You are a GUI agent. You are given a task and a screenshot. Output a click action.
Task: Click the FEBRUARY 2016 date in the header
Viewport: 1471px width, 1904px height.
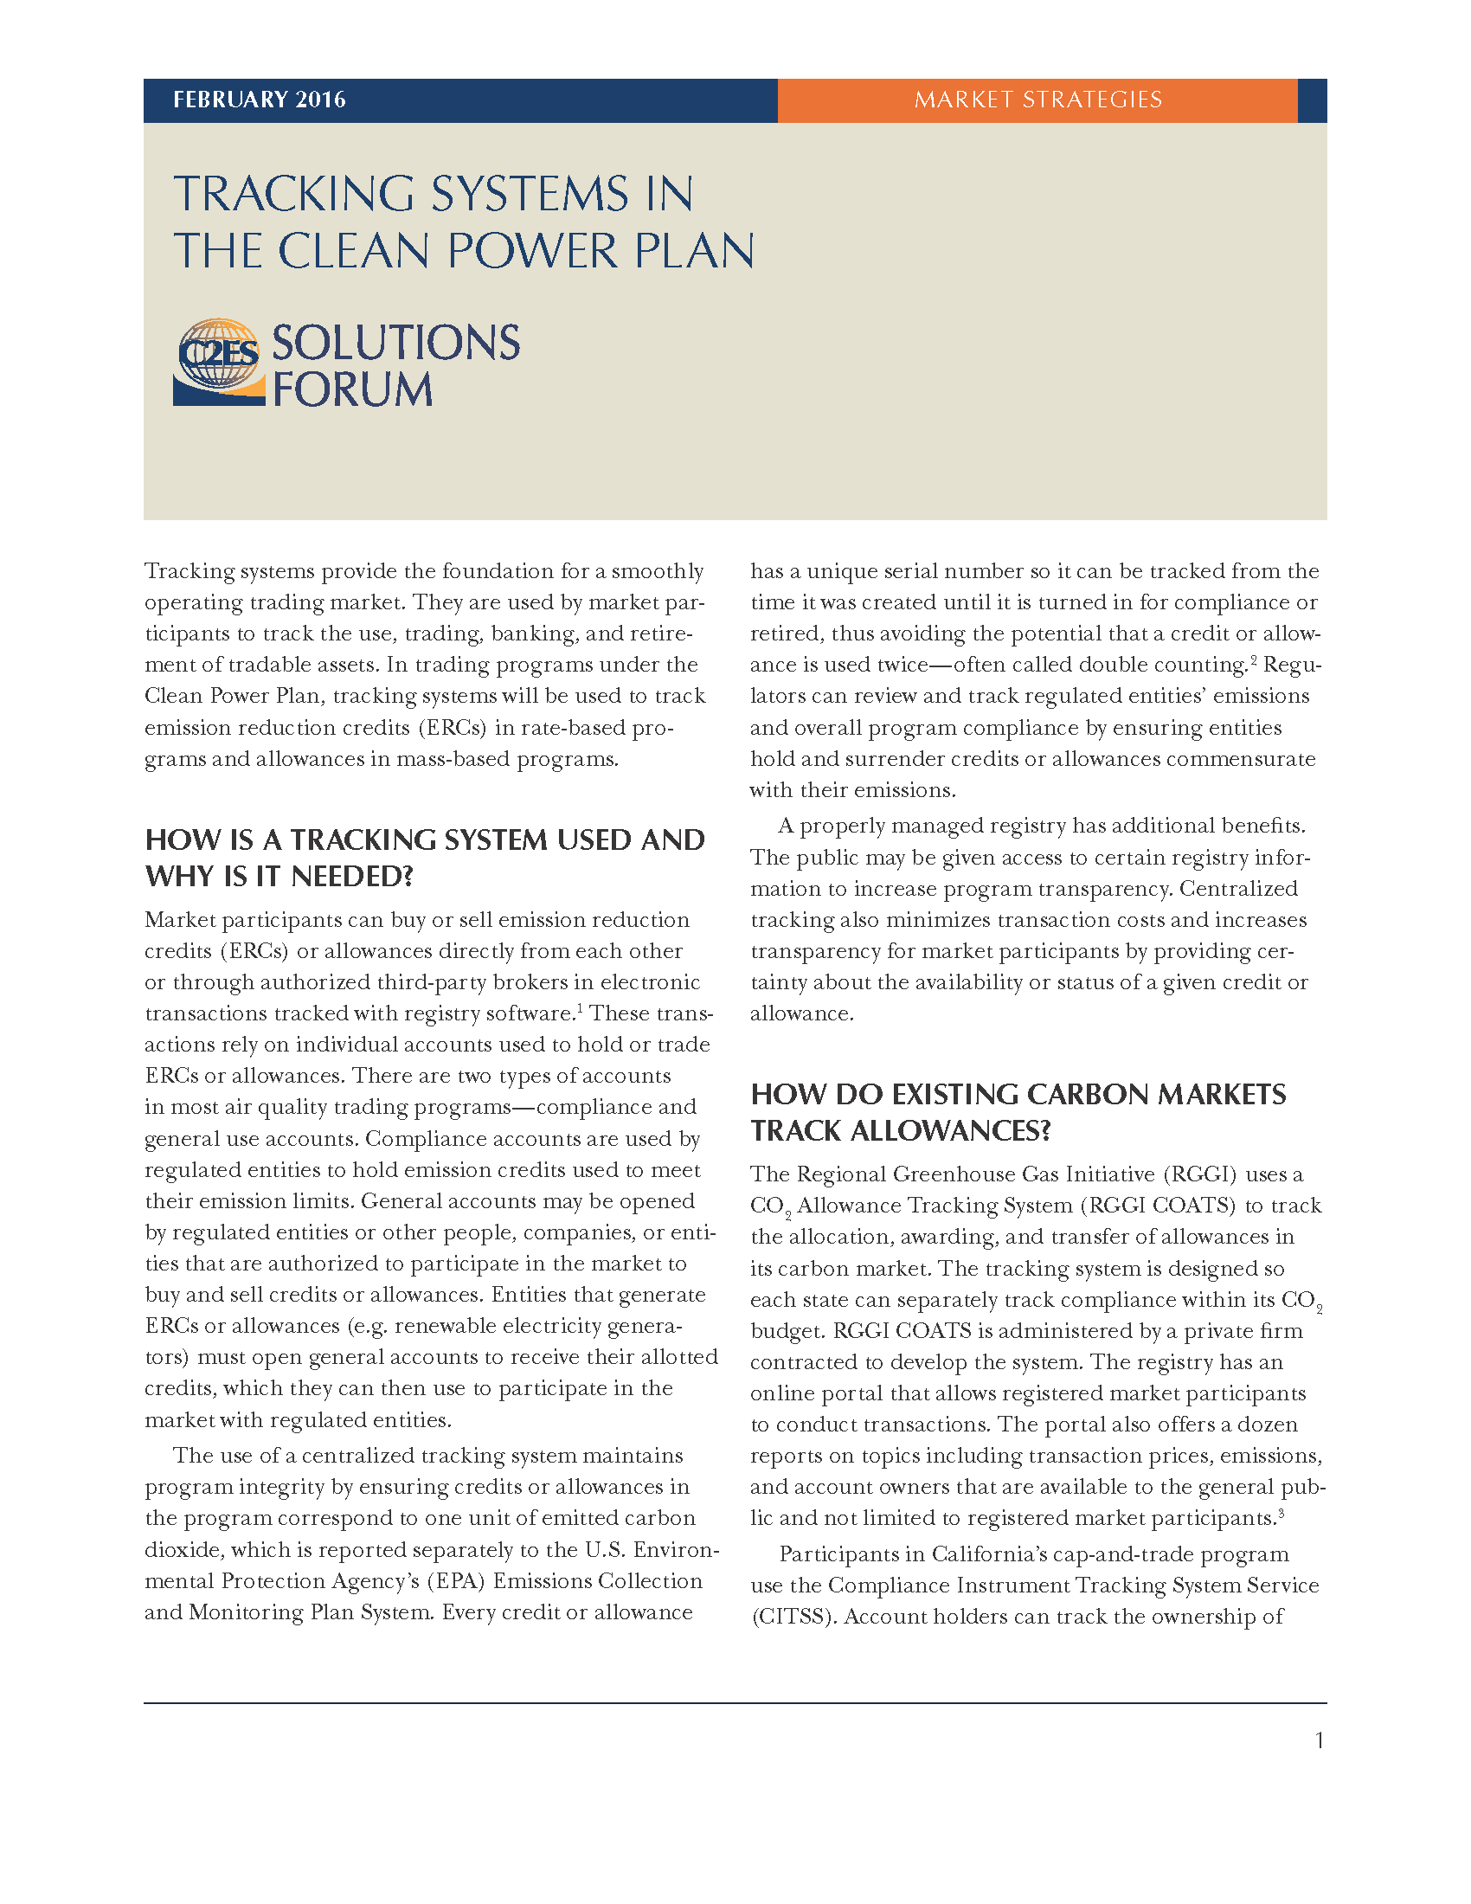(259, 100)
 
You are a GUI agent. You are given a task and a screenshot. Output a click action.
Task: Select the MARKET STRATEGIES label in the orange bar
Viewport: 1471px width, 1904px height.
(1037, 100)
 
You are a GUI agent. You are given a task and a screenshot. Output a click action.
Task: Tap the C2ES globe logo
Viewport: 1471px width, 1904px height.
(219, 362)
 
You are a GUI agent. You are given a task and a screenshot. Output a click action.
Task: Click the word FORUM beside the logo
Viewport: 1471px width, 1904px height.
(352, 389)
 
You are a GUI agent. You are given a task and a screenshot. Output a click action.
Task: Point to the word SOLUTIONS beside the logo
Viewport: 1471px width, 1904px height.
(395, 343)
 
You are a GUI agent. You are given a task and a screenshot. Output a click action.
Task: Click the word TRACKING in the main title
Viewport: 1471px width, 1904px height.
(293, 194)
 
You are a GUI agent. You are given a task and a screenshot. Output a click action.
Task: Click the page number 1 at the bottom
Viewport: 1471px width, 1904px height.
(1320, 1740)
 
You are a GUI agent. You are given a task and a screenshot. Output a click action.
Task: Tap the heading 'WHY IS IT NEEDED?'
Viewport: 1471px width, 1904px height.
(279, 876)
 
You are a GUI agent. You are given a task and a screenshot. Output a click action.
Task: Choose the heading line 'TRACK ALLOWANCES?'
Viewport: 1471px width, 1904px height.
(900, 1131)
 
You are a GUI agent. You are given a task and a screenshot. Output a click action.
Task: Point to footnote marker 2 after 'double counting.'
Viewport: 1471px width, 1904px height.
(1254, 659)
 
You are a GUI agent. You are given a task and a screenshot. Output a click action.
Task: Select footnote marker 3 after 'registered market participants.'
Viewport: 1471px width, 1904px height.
(1280, 1512)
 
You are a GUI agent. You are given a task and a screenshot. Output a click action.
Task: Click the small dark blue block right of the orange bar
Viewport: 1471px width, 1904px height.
(1312, 100)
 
